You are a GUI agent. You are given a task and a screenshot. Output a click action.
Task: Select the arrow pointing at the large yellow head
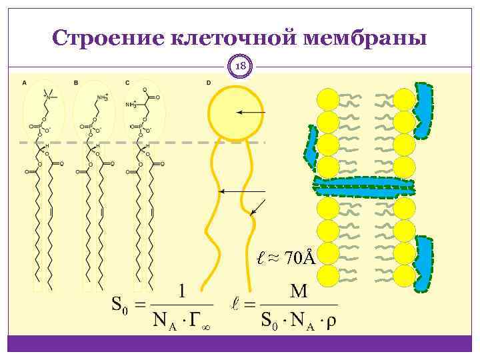[x=251, y=113]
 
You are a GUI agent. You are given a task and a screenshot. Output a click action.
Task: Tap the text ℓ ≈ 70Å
[x=287, y=257]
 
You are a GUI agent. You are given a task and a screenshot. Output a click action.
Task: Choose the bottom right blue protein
[x=423, y=263]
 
